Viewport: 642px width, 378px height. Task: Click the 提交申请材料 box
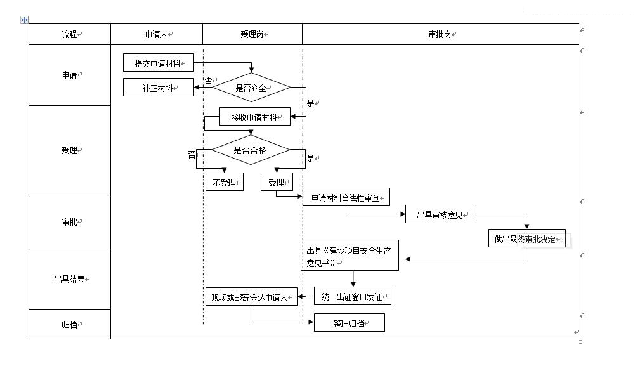pos(158,63)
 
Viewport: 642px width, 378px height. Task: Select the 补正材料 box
pos(158,88)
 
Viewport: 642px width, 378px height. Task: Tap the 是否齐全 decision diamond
pos(251,88)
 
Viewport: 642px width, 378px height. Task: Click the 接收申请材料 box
pos(255,117)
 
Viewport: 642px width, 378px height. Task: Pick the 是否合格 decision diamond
pos(251,150)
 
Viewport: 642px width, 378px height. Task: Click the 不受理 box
pos(224,183)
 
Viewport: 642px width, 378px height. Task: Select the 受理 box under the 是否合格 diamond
pos(277,183)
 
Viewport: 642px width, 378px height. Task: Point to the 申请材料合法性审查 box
pos(346,198)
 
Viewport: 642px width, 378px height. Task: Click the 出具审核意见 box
pos(440,215)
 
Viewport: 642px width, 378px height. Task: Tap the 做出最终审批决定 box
pos(527,239)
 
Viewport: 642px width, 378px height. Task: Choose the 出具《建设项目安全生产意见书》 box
pos(350,256)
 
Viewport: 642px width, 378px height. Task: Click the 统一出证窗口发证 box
pos(352,297)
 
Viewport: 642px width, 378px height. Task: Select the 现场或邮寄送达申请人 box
pos(251,297)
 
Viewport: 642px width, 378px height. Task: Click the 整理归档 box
pos(349,323)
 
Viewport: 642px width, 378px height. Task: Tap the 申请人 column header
pos(157,34)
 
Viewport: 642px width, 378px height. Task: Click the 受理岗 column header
pos(252,34)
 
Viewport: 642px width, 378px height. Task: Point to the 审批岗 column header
pos(440,34)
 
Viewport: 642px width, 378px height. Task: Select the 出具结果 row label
pos(70,278)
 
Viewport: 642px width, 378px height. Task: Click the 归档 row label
pos(70,324)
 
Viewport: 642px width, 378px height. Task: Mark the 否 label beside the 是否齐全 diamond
pos(208,81)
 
